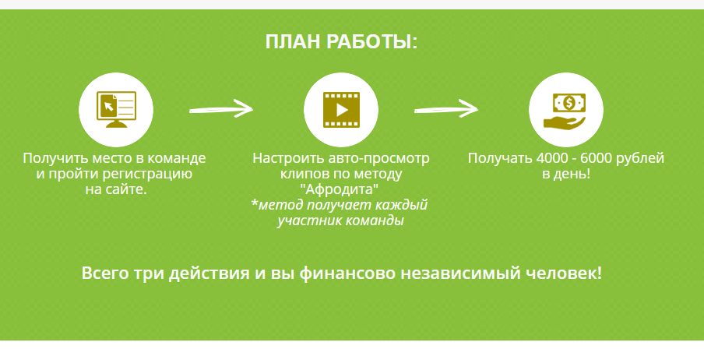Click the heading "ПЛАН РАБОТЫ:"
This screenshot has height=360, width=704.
point(341,42)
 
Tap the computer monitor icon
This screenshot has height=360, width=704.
point(116,109)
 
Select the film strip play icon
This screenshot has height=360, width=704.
point(341,110)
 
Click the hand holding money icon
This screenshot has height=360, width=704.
point(565,110)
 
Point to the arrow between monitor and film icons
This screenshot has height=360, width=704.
point(221,109)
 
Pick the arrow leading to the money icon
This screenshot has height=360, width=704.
point(446,109)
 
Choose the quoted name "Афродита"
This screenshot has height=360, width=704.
point(341,189)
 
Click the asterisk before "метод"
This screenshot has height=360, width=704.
point(255,204)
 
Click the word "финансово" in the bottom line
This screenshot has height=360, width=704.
point(347,274)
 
